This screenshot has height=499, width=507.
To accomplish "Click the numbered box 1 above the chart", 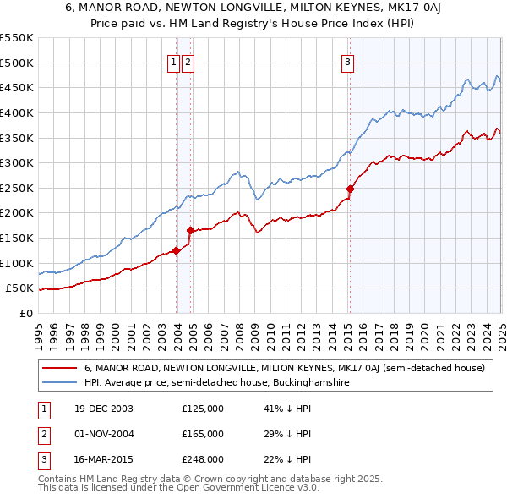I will click(x=173, y=62).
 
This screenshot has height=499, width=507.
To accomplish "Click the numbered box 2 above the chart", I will click(x=188, y=62).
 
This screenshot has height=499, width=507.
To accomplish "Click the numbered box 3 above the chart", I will click(x=347, y=62).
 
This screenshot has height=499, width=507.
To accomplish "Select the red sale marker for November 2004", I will click(x=190, y=230).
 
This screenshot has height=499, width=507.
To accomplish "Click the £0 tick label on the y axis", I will click(x=26, y=313).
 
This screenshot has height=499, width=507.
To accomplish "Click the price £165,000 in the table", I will click(x=203, y=435).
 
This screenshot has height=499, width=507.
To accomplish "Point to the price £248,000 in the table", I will click(x=203, y=460).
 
